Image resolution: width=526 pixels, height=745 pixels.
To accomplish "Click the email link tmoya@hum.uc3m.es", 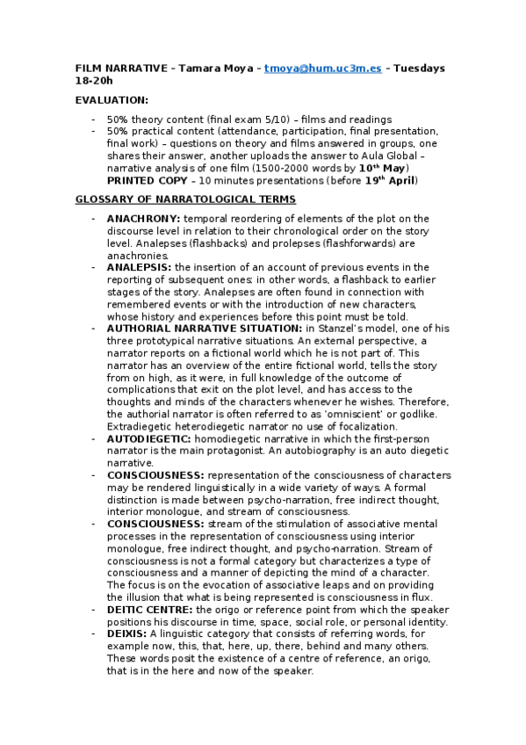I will pos(323,69).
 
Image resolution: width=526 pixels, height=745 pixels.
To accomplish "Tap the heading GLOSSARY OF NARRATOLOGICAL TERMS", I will pos(184,200).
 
